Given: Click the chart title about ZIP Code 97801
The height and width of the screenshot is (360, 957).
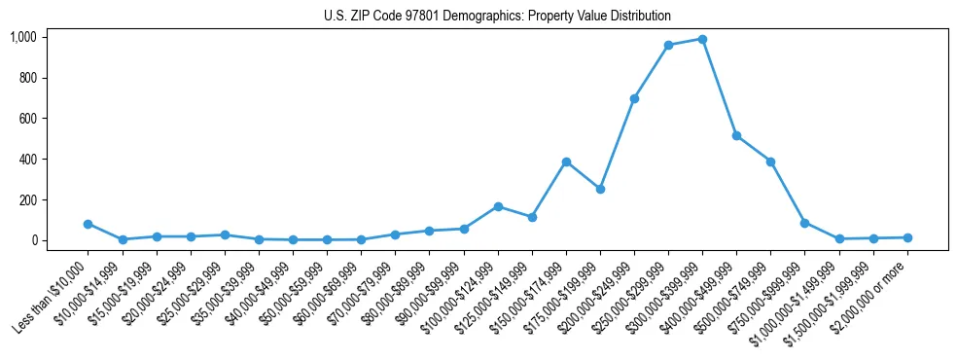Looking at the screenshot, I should [x=497, y=17].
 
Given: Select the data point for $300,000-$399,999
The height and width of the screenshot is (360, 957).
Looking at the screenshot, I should [x=702, y=39].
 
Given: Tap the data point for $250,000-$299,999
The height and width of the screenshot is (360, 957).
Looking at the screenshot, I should [x=668, y=45].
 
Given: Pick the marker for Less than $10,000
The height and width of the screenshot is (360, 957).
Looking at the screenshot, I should [x=89, y=224].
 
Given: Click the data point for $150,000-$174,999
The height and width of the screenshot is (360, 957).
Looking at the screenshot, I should [x=566, y=162].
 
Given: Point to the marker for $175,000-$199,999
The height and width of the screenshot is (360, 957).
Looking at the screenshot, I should [x=600, y=189].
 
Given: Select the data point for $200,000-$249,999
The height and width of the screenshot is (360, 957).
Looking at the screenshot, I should [x=634, y=98].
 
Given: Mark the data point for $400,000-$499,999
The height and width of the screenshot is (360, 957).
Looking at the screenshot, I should [x=736, y=135].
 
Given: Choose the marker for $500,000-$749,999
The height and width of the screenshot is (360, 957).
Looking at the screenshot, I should [x=770, y=162].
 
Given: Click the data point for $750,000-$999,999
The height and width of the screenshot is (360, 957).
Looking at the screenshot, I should [x=804, y=223].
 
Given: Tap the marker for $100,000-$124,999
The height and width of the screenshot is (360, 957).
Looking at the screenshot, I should [x=498, y=206].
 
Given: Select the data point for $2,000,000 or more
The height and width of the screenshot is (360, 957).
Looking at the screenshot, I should [x=906, y=237].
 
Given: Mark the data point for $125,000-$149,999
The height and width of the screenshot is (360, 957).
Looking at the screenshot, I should [x=532, y=217].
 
